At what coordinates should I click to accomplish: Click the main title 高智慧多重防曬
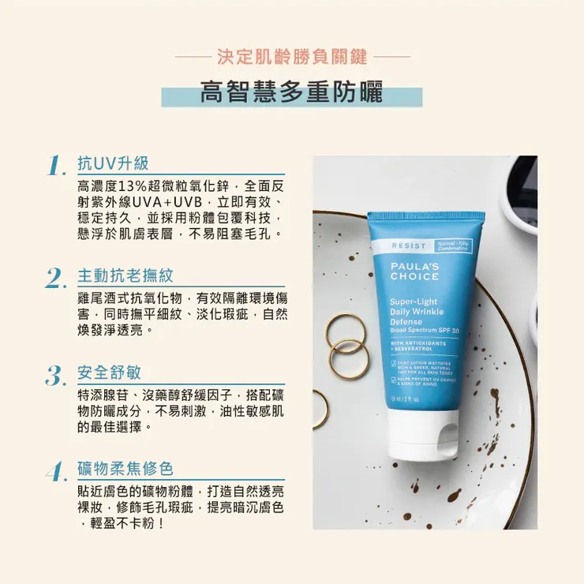click(x=291, y=93)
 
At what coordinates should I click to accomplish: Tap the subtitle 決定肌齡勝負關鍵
click(x=291, y=57)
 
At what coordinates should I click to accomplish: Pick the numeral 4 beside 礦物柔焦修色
click(x=54, y=471)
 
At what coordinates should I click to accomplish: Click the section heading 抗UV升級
click(x=113, y=163)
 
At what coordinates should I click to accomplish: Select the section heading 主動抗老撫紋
click(x=125, y=275)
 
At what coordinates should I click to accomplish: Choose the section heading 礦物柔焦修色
click(x=125, y=468)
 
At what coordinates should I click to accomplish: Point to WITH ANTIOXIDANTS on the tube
click(x=420, y=343)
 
